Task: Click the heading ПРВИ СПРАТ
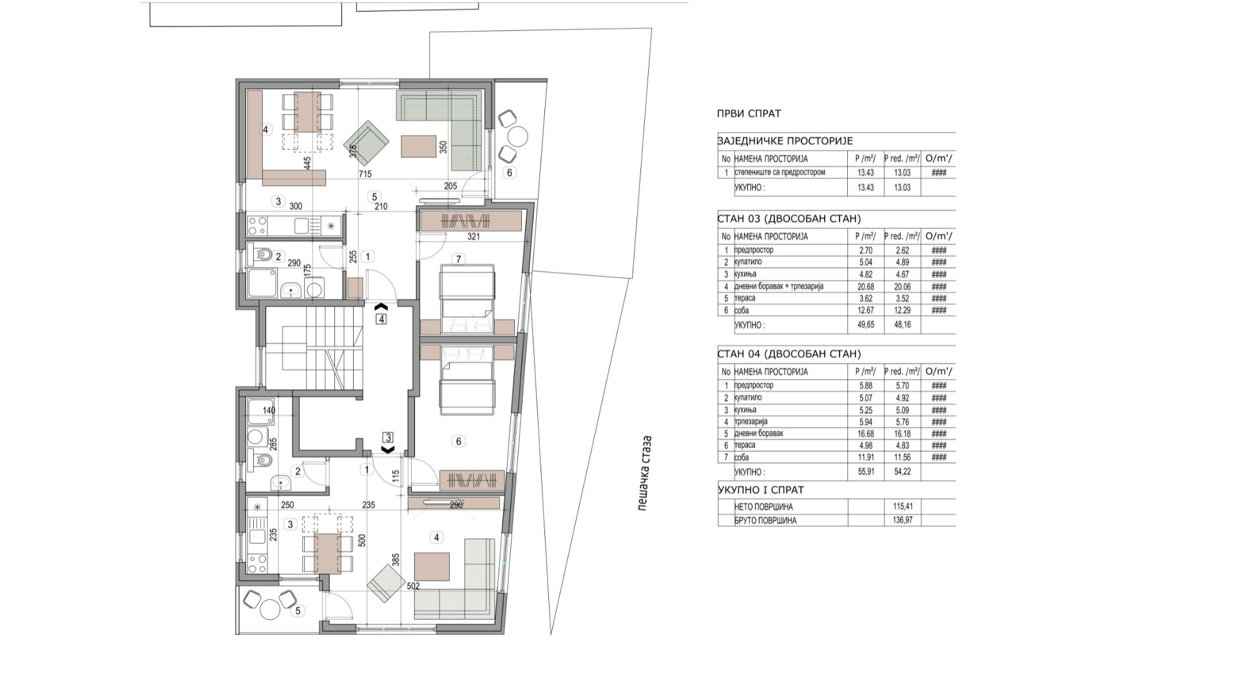tap(749, 113)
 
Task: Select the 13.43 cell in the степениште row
tap(865, 172)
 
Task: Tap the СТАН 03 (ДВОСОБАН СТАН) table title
tap(789, 218)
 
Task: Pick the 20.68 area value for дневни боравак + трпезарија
tap(865, 286)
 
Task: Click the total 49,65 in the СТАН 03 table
tap(865, 325)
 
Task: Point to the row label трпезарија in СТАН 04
tap(751, 421)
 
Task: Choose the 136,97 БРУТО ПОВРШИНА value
tap(903, 520)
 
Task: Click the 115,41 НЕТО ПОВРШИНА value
tap(903, 507)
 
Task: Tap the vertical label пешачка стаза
tap(645, 474)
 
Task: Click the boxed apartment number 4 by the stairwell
tap(381, 318)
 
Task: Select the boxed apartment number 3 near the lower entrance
tap(388, 438)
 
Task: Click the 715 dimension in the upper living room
tap(365, 175)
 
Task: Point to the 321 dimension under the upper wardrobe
tap(474, 237)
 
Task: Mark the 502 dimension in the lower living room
tap(413, 586)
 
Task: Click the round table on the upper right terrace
tap(517, 137)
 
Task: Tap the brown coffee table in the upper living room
tap(419, 146)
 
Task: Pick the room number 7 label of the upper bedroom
tap(459, 259)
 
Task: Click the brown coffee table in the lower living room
tap(432, 566)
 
